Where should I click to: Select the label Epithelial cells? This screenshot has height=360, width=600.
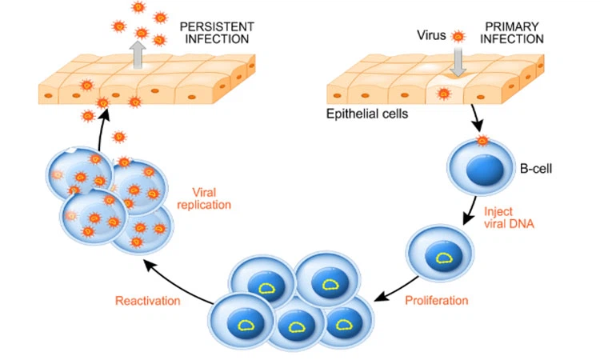367,114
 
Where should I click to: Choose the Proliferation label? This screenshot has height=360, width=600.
437,301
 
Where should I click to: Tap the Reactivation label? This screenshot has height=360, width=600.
147,301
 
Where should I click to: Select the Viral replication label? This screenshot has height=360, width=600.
211,198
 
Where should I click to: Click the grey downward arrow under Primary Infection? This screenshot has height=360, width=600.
458,62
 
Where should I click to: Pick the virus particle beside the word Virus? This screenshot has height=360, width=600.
458,36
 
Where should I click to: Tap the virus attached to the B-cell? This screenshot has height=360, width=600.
482,141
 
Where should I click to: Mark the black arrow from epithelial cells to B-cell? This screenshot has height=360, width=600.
475,121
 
